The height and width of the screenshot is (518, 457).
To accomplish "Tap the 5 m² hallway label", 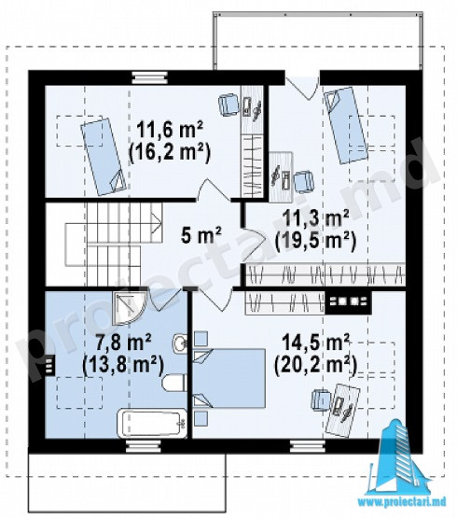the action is (x=201, y=235).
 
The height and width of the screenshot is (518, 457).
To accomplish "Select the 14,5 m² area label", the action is (x=315, y=343).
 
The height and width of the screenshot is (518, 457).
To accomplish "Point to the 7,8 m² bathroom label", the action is (x=124, y=343).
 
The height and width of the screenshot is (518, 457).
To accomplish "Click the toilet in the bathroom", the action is (x=174, y=383).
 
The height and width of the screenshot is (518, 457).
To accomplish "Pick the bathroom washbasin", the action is (x=180, y=342).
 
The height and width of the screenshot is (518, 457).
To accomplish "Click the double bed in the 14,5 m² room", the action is (x=229, y=378).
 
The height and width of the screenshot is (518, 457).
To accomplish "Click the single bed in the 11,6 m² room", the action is (x=104, y=156).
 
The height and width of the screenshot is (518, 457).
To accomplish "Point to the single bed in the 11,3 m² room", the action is (x=345, y=125).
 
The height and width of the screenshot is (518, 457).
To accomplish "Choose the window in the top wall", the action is (x=149, y=78).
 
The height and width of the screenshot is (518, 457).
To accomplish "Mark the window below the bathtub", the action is (x=144, y=446).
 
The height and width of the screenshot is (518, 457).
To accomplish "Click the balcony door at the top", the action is (x=302, y=88).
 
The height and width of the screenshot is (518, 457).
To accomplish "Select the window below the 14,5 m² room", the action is (x=308, y=446).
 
